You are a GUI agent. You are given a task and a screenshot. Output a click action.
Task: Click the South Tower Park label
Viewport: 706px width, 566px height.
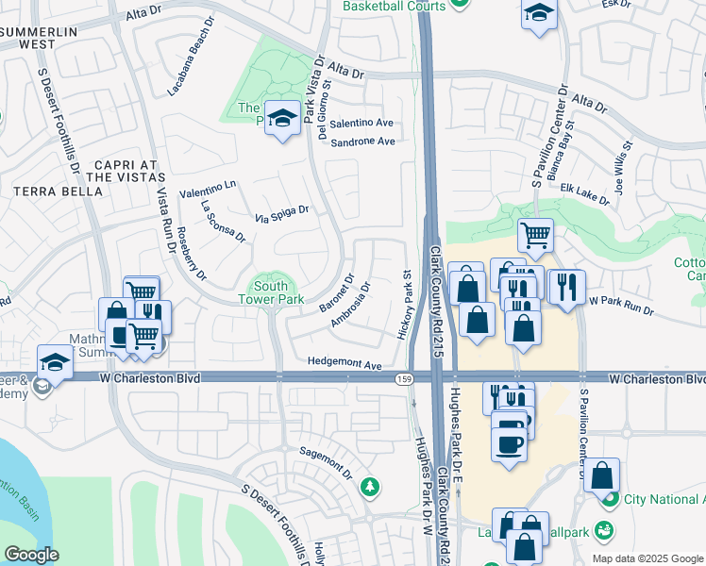(272, 292)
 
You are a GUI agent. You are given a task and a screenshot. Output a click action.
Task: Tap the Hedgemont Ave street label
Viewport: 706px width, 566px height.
(344, 364)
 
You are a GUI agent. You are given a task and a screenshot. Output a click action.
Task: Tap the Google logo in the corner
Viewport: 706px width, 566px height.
(31, 555)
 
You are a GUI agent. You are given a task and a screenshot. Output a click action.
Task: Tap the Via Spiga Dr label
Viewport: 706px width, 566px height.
(282, 215)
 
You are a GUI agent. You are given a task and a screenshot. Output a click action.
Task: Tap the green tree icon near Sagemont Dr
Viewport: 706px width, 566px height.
(372, 486)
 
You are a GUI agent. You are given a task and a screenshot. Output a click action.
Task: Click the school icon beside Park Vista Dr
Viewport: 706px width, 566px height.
(280, 119)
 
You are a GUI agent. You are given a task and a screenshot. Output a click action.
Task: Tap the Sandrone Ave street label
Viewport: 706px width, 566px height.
(361, 141)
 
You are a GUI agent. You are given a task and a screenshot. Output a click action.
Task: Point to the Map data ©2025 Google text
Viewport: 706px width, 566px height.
(647, 558)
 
